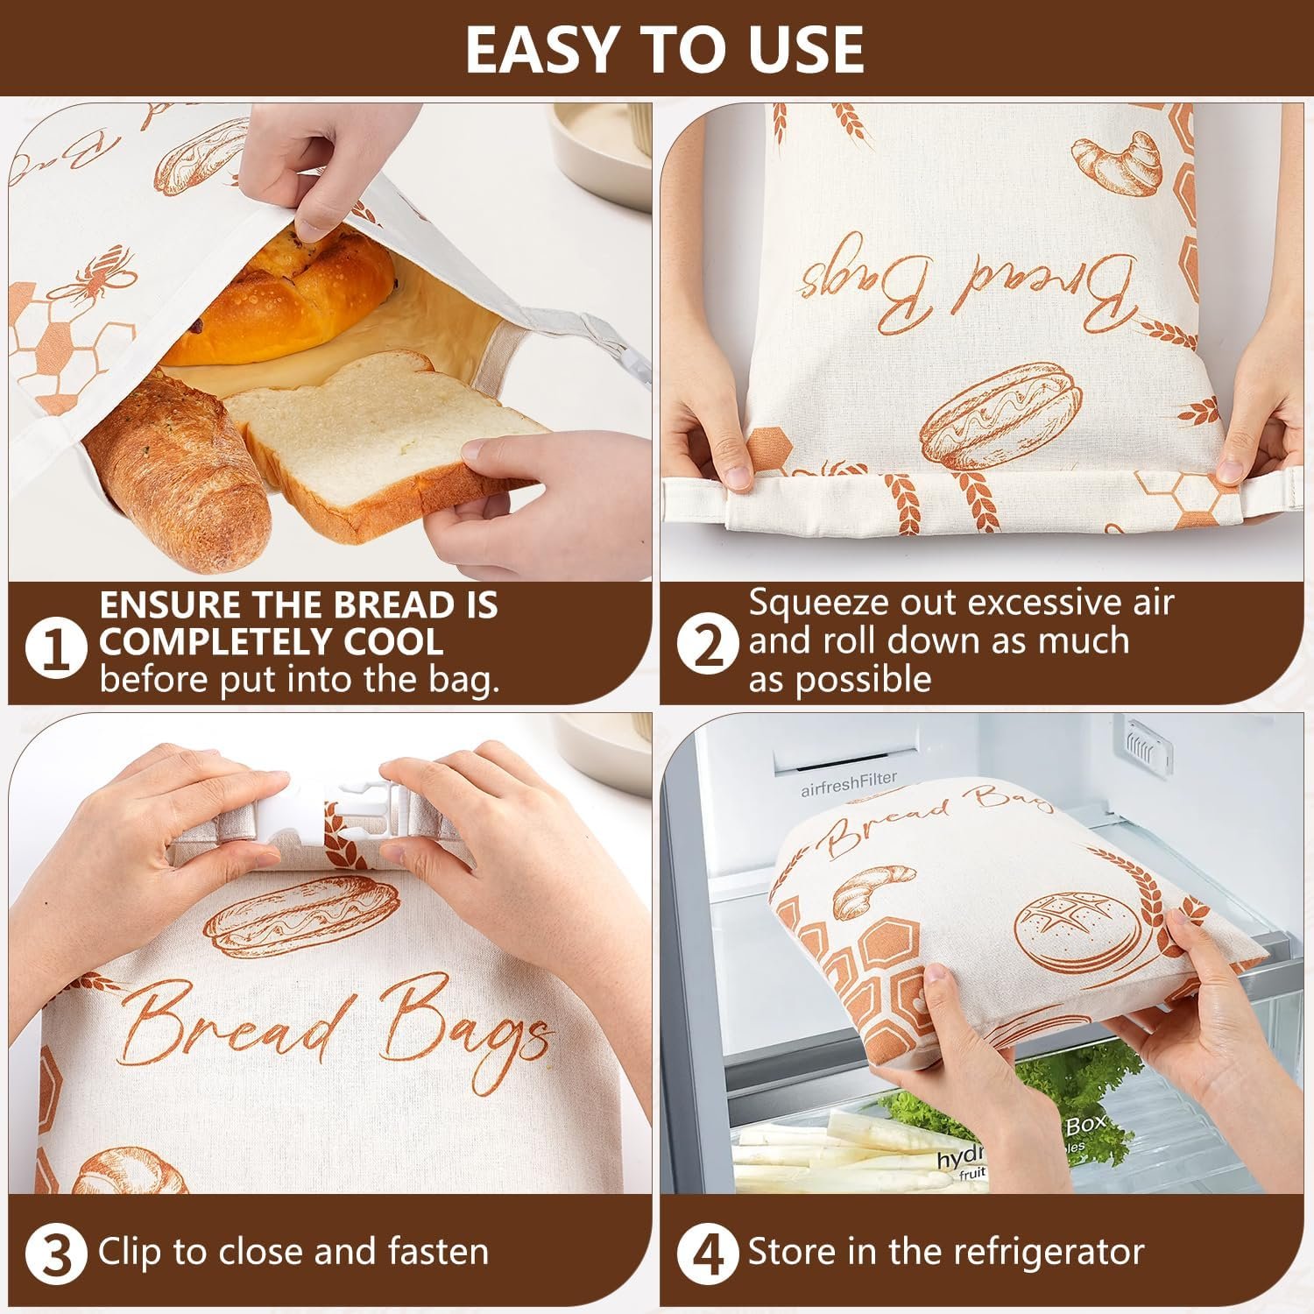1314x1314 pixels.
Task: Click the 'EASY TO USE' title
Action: click(664, 49)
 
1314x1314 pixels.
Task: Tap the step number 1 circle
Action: click(57, 650)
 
